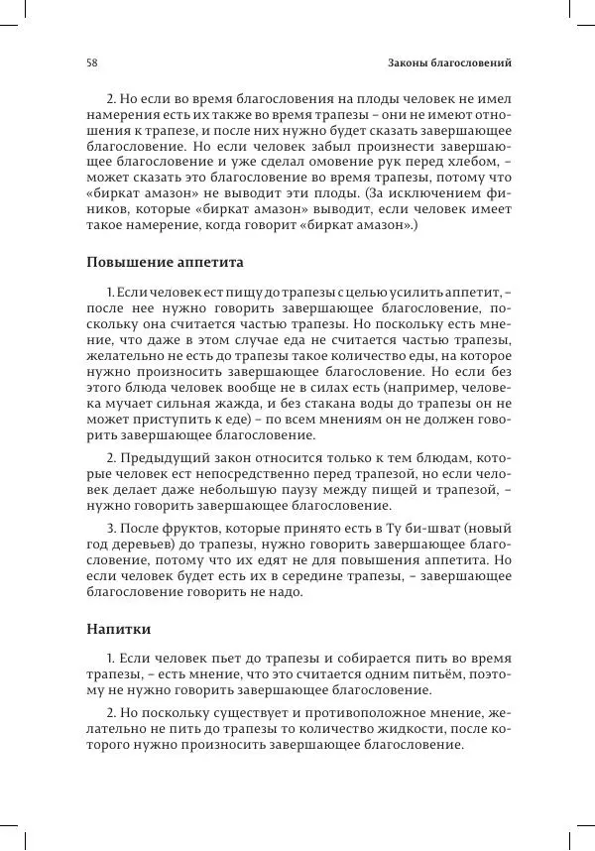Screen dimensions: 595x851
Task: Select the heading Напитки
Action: coord(118,629)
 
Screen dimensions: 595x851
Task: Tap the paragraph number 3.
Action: coord(110,542)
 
